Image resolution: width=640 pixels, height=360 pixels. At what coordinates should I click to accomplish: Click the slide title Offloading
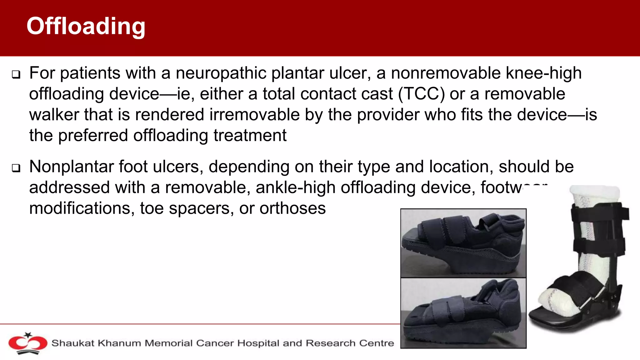pos(86,26)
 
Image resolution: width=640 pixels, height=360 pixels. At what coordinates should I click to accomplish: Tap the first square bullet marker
pos(16,75)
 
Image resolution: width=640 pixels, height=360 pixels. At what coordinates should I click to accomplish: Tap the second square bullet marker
pos(16,168)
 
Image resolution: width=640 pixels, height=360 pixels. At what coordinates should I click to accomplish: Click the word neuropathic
pos(221,73)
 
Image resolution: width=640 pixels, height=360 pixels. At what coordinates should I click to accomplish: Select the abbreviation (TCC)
pos(421,94)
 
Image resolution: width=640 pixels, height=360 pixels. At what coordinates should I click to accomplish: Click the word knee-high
pos(544,73)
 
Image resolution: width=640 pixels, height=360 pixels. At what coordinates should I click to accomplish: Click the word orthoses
pos(292,208)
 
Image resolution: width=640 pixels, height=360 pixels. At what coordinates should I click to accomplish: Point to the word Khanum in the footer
pos(119,343)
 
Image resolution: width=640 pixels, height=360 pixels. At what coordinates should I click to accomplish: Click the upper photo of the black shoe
pos(463,243)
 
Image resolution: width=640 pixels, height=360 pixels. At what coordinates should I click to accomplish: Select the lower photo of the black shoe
pos(463,312)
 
